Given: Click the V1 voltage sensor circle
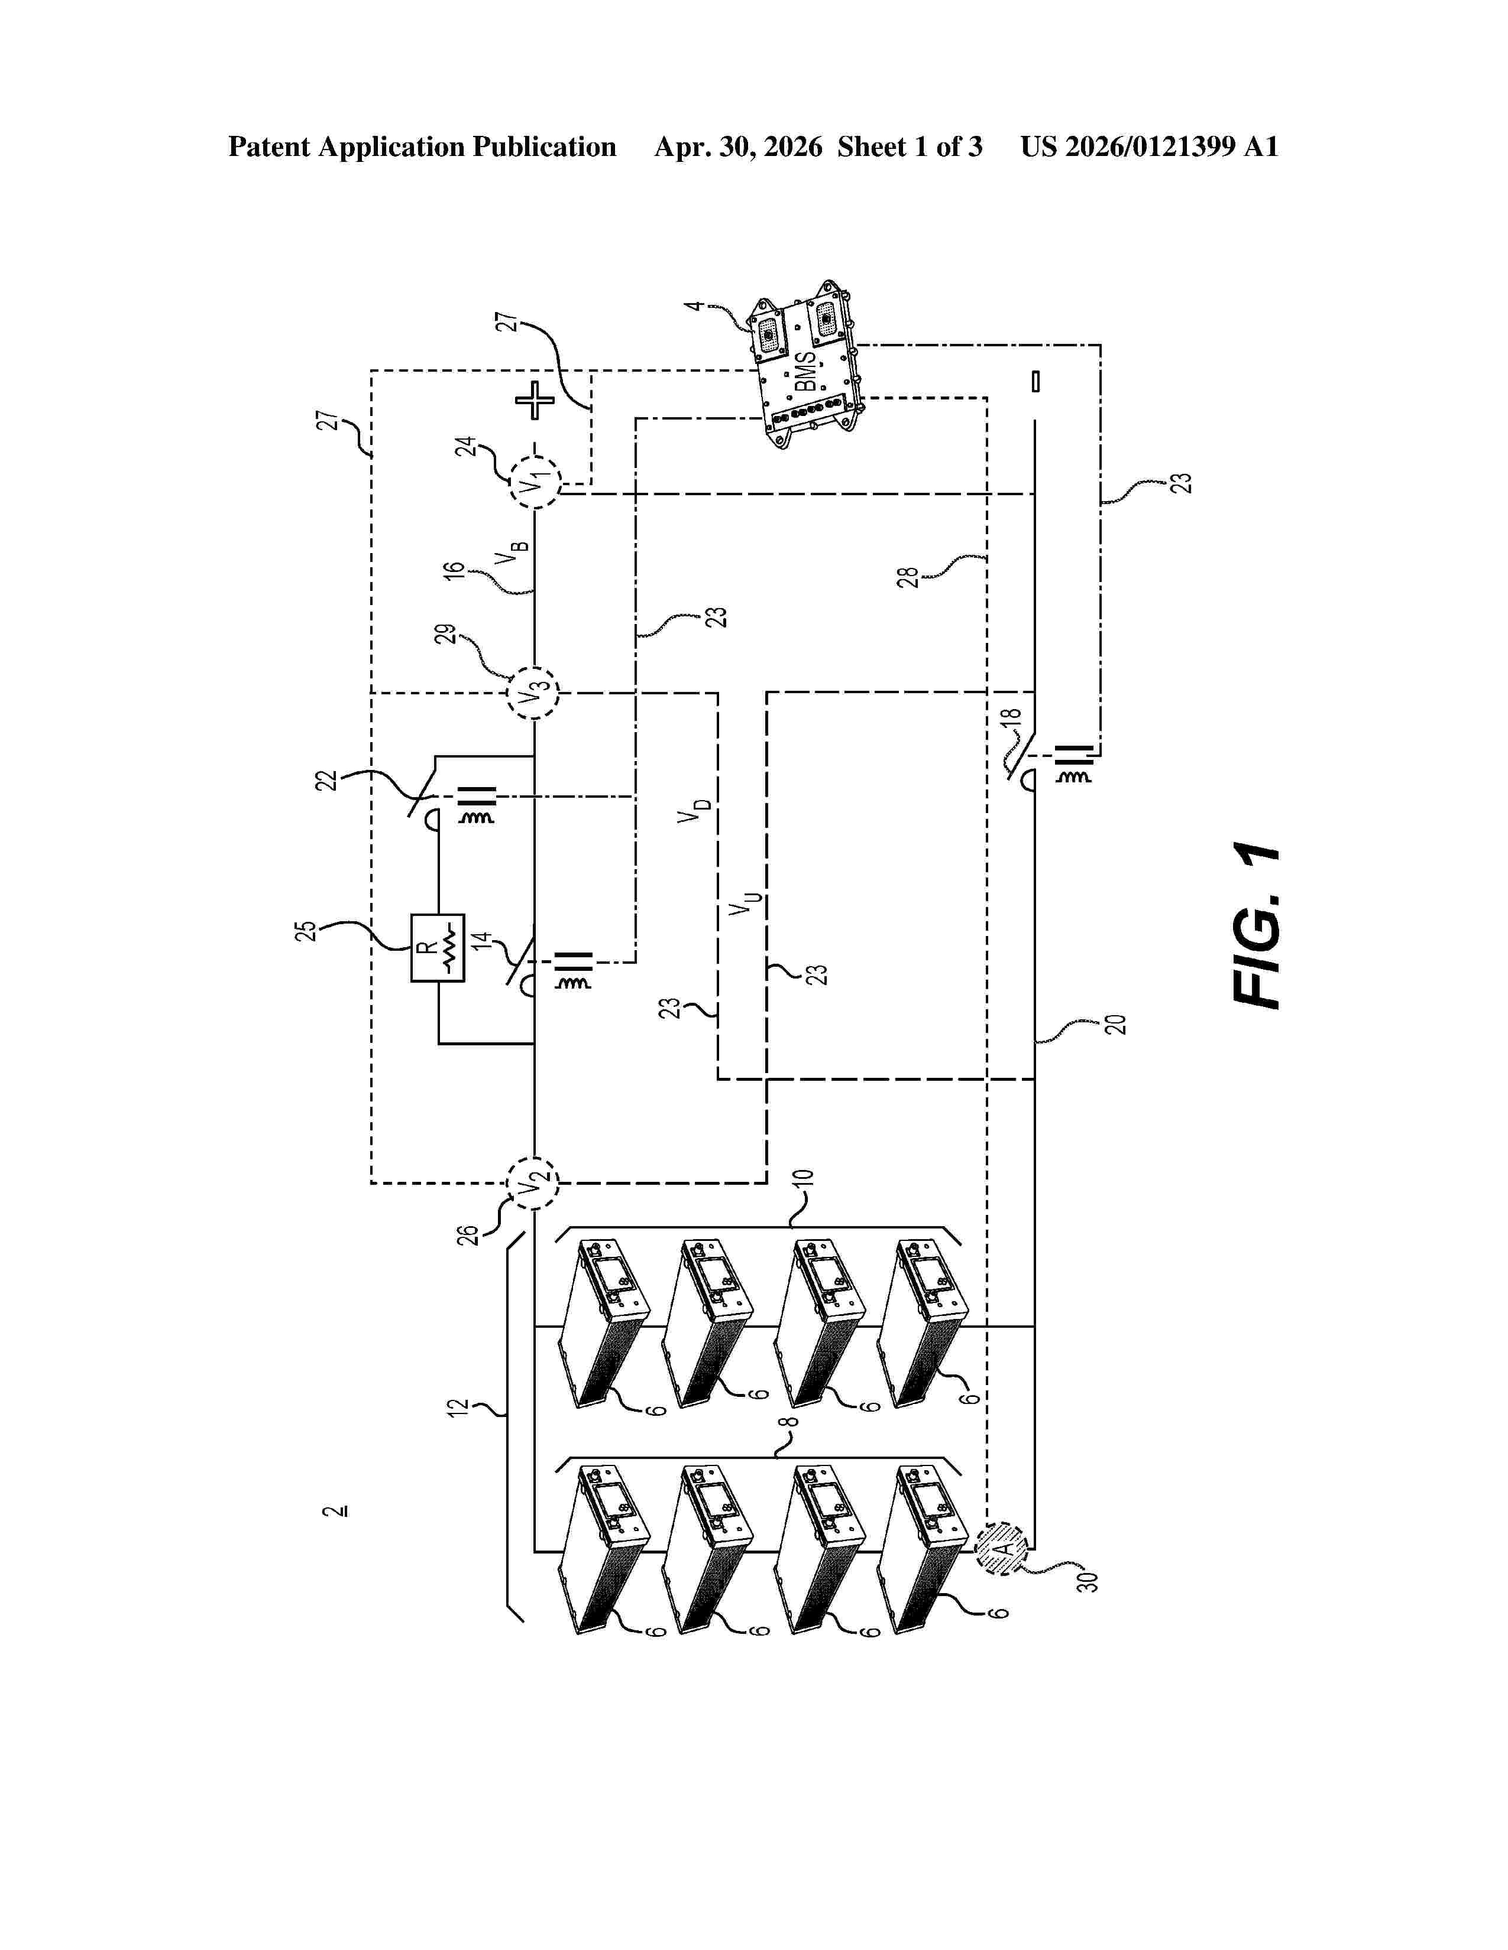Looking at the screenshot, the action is (x=534, y=483).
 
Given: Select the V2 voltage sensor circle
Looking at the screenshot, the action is (x=533, y=1183).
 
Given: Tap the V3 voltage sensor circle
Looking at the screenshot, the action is (x=533, y=692).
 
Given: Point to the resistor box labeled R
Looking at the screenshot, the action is (x=438, y=947).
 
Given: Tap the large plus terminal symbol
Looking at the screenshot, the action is (x=534, y=400).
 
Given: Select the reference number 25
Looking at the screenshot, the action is (x=306, y=930).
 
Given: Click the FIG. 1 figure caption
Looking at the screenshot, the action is (x=1257, y=926).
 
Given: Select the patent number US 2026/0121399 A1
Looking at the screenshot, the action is (x=1149, y=147).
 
